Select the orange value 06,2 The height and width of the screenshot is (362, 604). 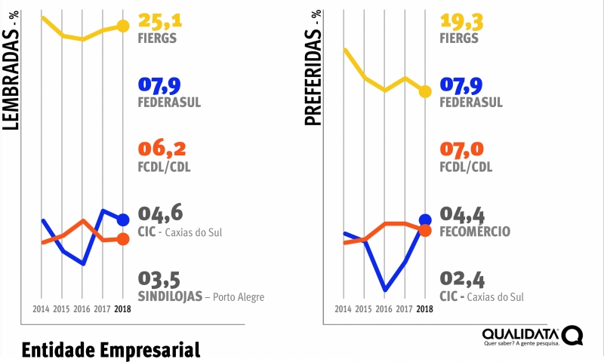(x=162, y=149)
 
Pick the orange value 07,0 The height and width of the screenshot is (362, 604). (x=462, y=149)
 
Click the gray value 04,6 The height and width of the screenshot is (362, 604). (x=161, y=213)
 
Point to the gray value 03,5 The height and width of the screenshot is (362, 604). (x=160, y=279)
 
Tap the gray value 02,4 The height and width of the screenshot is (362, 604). (x=462, y=279)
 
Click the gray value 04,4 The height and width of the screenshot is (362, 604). (x=462, y=213)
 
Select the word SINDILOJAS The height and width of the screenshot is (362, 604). (x=170, y=296)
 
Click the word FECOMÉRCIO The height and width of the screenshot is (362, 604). (x=475, y=232)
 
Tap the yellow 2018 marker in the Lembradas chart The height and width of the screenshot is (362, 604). (x=123, y=26)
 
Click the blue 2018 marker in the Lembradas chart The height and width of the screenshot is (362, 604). (x=123, y=219)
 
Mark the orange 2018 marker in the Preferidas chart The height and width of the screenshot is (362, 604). (x=425, y=230)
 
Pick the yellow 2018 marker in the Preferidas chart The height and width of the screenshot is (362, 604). (x=425, y=91)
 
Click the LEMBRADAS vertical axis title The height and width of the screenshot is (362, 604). (x=11, y=75)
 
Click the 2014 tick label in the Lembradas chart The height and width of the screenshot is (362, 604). (x=42, y=309)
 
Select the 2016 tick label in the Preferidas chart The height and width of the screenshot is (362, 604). (x=384, y=309)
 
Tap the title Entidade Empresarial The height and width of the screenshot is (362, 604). (x=110, y=350)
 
